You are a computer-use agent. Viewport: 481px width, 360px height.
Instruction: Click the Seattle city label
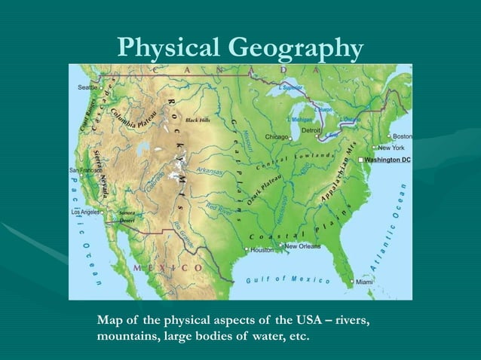point(87,87)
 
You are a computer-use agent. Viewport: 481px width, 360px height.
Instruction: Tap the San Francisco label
point(82,170)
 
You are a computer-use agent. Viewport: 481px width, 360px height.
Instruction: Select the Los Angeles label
point(84,212)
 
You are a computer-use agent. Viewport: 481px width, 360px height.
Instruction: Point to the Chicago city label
point(277,138)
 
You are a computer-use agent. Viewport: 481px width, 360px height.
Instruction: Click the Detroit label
point(311,130)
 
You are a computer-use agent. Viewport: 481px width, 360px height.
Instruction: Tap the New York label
point(391,148)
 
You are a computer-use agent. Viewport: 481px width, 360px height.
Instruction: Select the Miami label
point(365,282)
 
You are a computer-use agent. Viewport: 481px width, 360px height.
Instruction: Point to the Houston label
point(262,249)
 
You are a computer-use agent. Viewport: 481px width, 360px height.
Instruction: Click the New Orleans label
point(302,246)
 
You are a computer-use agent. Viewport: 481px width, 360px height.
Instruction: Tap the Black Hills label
point(198,120)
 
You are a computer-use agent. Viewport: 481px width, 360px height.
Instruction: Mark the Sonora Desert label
point(127,217)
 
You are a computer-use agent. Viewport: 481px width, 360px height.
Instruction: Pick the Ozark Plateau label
point(265,188)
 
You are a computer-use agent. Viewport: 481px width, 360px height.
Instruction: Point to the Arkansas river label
point(209,172)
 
